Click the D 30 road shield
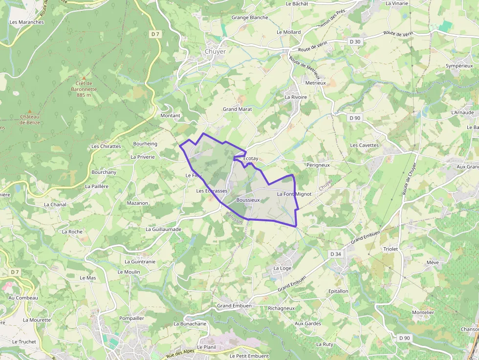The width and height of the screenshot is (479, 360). pyautogui.click(x=355, y=42)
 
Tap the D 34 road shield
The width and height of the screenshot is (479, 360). pyautogui.click(x=335, y=254)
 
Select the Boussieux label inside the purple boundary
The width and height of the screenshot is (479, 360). pyautogui.click(x=248, y=200)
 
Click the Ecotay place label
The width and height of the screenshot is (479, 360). pyautogui.click(x=250, y=159)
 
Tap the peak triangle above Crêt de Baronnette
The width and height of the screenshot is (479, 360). pyautogui.click(x=84, y=78)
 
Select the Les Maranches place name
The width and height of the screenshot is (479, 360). pyautogui.click(x=27, y=22)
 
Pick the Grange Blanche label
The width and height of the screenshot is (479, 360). pyautogui.click(x=250, y=18)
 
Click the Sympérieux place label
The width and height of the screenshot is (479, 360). pyautogui.click(x=459, y=65)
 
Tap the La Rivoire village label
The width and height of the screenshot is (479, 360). pyautogui.click(x=296, y=97)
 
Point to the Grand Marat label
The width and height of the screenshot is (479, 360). pyautogui.click(x=237, y=109)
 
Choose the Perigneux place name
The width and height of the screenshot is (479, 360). pyautogui.click(x=318, y=165)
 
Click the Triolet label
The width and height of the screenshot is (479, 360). pyautogui.click(x=391, y=249)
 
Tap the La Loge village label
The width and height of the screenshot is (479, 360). pyautogui.click(x=282, y=268)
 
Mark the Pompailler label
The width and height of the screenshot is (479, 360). pyautogui.click(x=131, y=318)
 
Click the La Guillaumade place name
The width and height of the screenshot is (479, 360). pyautogui.click(x=163, y=229)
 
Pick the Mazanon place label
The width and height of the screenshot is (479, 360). pyautogui.click(x=137, y=203)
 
